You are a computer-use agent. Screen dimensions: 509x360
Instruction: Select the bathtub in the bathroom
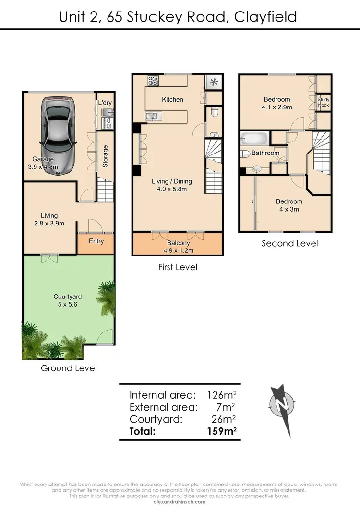[x=254, y=139]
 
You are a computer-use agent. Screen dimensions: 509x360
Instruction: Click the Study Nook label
[x=324, y=102]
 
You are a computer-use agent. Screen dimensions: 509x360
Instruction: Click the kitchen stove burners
[x=153, y=81]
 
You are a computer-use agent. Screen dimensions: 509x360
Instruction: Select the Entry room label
[x=96, y=241]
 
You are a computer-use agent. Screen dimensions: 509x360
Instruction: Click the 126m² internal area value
[x=222, y=395]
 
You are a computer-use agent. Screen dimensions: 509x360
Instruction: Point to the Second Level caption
[x=289, y=243]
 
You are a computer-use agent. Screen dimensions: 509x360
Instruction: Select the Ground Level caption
[x=69, y=368]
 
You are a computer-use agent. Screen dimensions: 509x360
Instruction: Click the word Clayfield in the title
[x=265, y=17]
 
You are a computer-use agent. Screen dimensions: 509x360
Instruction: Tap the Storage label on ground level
[x=105, y=156]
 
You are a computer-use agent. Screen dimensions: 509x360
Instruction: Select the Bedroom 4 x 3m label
[x=289, y=205]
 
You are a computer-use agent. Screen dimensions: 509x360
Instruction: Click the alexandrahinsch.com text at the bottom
[x=180, y=502]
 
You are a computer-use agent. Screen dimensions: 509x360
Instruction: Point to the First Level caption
[x=178, y=267]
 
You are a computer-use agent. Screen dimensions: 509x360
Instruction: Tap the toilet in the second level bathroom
[x=245, y=154]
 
